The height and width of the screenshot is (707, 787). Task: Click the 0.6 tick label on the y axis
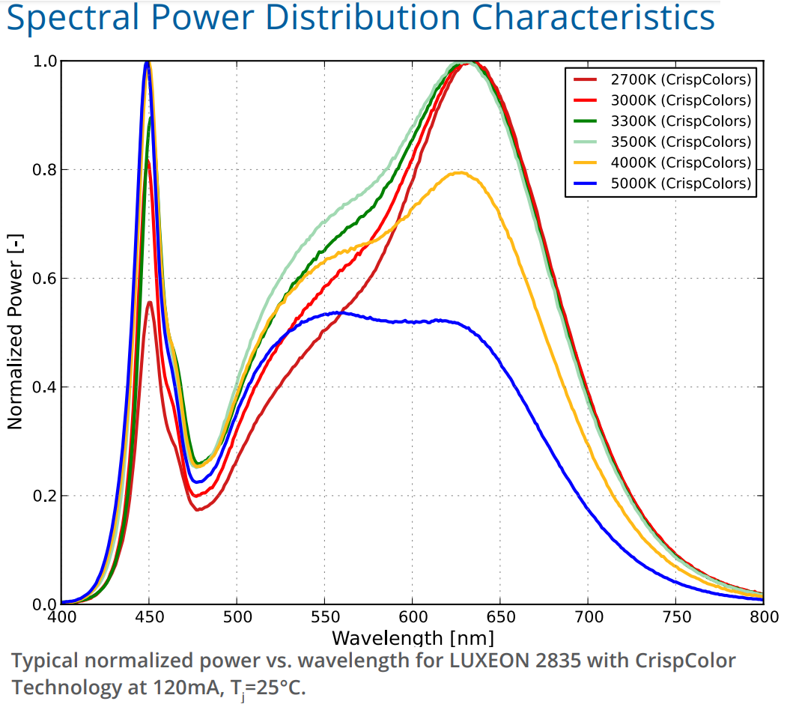tap(44, 279)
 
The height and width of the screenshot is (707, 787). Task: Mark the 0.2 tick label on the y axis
tap(44, 496)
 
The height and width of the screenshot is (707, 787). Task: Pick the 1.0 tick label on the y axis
tap(44, 61)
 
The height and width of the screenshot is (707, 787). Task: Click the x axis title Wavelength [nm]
tap(413, 639)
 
